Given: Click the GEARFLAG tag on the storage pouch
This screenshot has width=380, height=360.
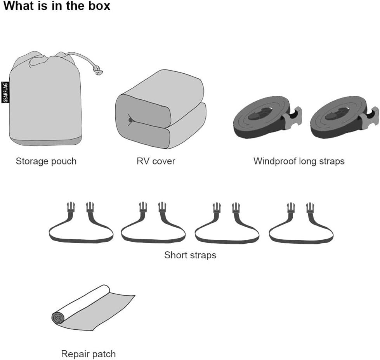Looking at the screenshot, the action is [x=5, y=92].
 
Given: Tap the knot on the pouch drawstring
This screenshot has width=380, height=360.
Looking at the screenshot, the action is [x=98, y=70].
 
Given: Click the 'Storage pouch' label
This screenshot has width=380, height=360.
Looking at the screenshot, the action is [x=46, y=161].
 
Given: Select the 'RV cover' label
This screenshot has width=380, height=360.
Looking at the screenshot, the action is [x=156, y=161].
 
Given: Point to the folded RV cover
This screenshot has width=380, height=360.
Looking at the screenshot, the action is [x=161, y=109].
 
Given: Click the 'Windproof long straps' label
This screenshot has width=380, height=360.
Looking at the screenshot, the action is [x=299, y=161].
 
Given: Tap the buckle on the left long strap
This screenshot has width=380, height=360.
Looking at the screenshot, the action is [x=293, y=117].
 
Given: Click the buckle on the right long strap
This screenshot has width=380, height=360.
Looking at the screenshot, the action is [x=370, y=117].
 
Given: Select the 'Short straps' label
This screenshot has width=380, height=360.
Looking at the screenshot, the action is [x=190, y=255].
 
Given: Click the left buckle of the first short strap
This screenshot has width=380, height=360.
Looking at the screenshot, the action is [x=71, y=208].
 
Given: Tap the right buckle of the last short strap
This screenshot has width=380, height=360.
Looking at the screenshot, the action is [x=310, y=208].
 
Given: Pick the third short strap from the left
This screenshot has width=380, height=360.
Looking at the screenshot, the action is [x=227, y=223].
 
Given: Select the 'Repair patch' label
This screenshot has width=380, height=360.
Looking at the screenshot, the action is [x=88, y=354].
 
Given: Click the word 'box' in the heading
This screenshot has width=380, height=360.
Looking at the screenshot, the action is [x=99, y=6].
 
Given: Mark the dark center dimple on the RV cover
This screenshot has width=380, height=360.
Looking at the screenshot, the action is [x=131, y=120].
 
